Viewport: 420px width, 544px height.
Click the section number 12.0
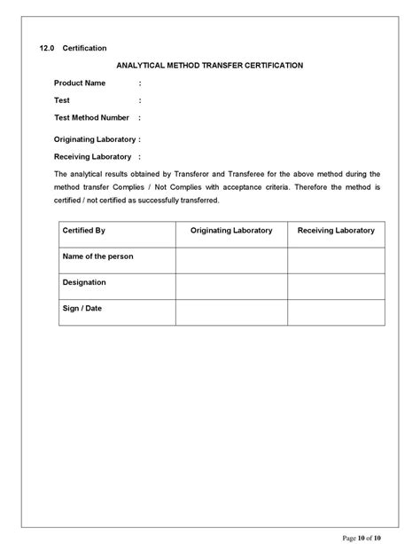47,47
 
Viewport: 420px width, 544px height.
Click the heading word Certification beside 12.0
85,47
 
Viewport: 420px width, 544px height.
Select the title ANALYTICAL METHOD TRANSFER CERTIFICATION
210,65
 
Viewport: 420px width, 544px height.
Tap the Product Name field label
80,83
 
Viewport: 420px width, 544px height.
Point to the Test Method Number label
91,117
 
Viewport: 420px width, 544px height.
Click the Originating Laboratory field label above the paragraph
95,139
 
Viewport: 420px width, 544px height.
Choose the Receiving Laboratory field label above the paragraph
92,156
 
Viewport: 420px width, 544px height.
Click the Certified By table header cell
84,231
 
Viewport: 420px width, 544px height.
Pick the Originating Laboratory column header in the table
231,231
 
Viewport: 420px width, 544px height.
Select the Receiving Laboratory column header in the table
336,231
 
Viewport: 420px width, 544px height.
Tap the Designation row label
84,282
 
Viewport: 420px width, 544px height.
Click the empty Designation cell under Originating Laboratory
231,286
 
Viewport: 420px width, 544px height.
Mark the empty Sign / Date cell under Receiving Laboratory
336,311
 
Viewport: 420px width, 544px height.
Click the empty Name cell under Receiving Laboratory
336,260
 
